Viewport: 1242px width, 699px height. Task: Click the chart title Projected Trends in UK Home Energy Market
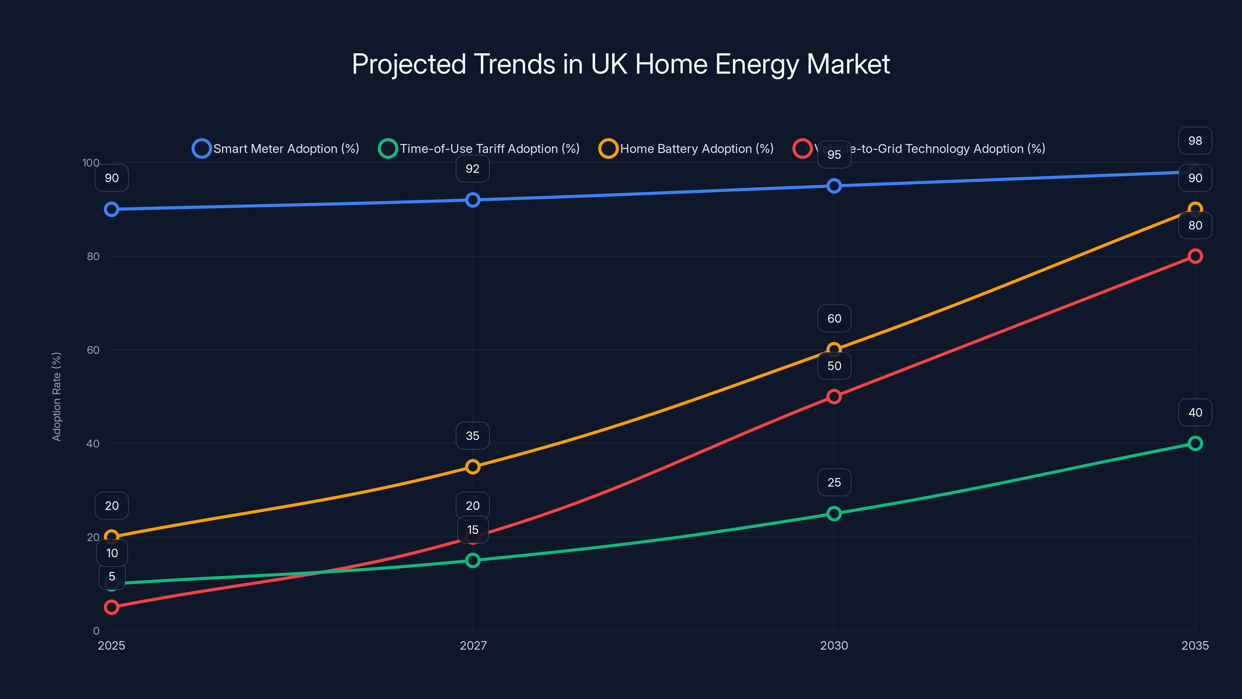[621, 64]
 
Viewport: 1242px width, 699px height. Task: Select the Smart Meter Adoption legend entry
[276, 149]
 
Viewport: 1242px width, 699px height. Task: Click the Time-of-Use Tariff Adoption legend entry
[479, 149]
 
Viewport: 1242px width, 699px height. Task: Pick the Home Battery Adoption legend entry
[686, 149]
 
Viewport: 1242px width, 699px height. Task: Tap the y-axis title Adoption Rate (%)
[56, 396]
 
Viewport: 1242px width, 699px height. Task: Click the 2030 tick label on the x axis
[834, 645]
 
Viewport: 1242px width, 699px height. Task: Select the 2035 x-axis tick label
[1195, 645]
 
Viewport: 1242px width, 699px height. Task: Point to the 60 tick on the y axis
[93, 350]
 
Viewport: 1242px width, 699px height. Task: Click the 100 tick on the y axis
[91, 163]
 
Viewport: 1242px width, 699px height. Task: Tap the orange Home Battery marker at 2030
[834, 349]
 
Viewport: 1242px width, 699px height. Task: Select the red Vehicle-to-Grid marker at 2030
[834, 396]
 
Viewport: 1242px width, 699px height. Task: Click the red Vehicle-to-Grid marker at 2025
[112, 607]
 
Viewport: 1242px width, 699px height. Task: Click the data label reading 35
[472, 436]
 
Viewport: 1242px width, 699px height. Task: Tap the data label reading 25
[834, 482]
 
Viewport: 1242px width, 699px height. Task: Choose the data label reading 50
[834, 366]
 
